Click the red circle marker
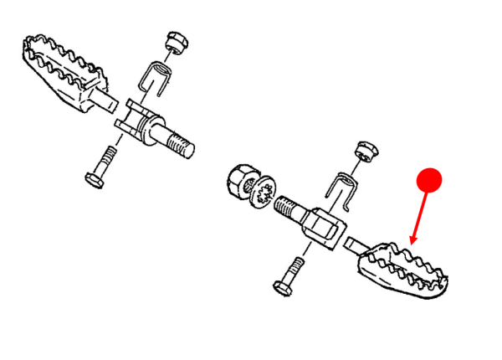(x=429, y=178)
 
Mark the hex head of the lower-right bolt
(x=281, y=287)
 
